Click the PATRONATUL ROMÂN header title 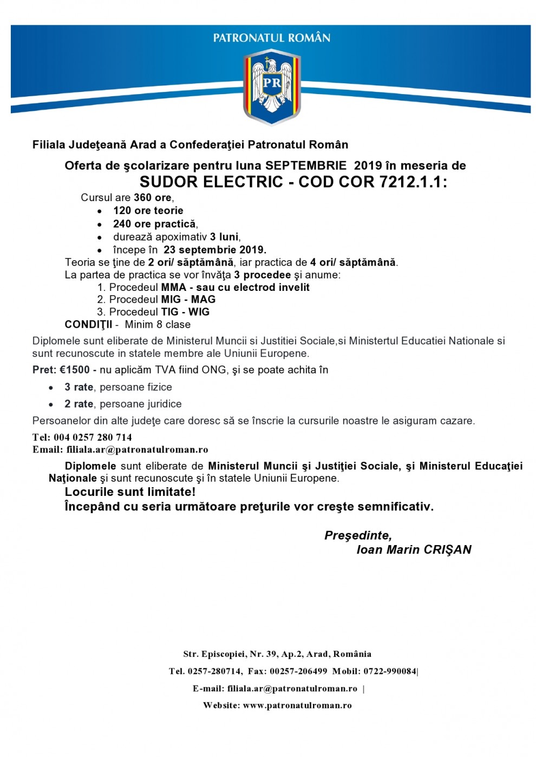271,38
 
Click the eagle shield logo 271,87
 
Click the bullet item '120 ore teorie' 148,211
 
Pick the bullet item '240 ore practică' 155,224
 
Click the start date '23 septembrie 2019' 214,250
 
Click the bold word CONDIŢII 89,324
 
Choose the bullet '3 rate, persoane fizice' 118,387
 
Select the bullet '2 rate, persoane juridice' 123,404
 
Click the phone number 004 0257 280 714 93,437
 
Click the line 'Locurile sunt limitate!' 130,492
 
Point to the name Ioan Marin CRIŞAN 414,550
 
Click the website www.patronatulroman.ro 297,706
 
